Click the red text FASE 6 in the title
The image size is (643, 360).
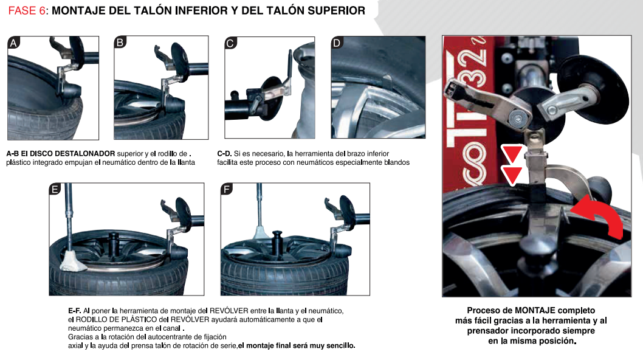click(27, 11)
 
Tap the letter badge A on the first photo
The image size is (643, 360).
click(13, 43)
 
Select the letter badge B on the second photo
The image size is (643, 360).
click(120, 43)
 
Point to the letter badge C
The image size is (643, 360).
click(230, 43)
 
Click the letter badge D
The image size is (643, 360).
click(337, 43)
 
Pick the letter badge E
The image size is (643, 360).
click(55, 189)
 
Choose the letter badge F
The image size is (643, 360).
click(227, 189)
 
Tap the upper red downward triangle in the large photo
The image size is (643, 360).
click(512, 154)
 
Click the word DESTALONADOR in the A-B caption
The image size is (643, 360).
click(84, 153)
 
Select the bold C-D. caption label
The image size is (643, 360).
click(224, 153)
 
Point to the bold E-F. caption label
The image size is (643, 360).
click(75, 311)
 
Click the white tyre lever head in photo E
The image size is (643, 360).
click(73, 261)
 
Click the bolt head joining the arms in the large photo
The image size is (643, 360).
click(517, 119)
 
